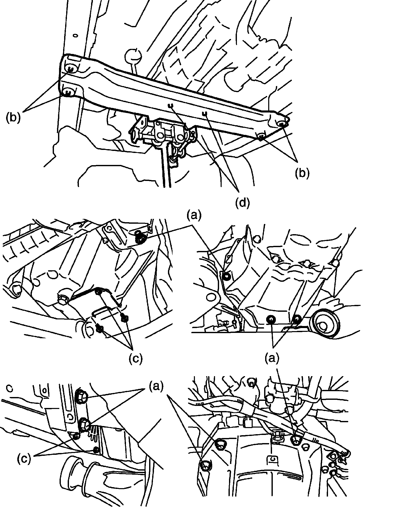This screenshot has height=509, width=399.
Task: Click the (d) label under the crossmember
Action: pyautogui.click(x=242, y=203)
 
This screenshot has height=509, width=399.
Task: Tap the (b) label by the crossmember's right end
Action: pyautogui.click(x=302, y=173)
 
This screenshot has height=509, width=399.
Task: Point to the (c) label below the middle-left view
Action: pyautogui.click(x=135, y=358)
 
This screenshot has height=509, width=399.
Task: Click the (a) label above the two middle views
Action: pyautogui.click(x=194, y=215)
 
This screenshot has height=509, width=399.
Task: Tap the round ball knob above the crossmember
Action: pyautogui.click(x=133, y=55)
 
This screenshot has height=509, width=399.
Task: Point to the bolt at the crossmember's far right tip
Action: pyautogui.click(x=282, y=124)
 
